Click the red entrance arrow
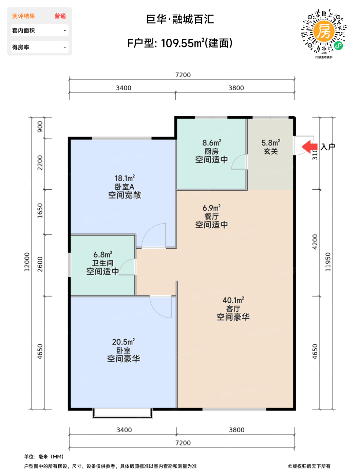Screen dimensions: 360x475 point(309,147)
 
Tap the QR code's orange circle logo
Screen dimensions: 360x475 point(324,31)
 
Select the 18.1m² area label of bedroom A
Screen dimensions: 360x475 point(125,178)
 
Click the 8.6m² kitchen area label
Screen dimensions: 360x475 point(212,143)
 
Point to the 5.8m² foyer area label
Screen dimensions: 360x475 point(271,143)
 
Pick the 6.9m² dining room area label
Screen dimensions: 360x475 point(212,208)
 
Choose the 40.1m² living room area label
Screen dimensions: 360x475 point(233,300)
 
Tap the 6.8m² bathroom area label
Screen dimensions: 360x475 point(103,254)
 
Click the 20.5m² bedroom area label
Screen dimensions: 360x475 point(123,342)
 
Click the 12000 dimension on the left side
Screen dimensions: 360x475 point(26,262)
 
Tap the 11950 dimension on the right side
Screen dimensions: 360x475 point(328,262)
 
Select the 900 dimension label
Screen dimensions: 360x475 point(40,127)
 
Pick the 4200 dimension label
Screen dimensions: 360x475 point(315,242)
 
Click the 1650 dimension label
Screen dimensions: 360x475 point(40,211)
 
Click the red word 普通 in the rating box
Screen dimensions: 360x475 point(60,16)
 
